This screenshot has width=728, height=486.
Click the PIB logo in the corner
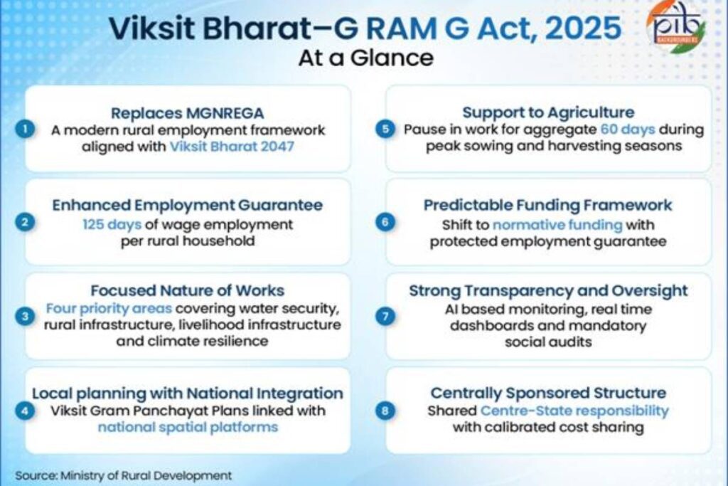676,28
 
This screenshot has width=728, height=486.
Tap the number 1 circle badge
26,130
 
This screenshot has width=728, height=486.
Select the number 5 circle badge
385,130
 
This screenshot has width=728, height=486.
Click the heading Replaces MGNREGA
187,112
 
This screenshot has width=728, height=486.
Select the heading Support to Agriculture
548,112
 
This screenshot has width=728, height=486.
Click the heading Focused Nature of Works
187,290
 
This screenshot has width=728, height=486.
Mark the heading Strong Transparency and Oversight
548,290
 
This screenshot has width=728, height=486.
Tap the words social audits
547,342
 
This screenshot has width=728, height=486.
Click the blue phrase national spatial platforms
187,428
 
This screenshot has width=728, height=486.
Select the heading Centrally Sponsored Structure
548,393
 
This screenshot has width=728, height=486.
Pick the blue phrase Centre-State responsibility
574,411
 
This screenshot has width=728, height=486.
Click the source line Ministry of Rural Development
124,475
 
